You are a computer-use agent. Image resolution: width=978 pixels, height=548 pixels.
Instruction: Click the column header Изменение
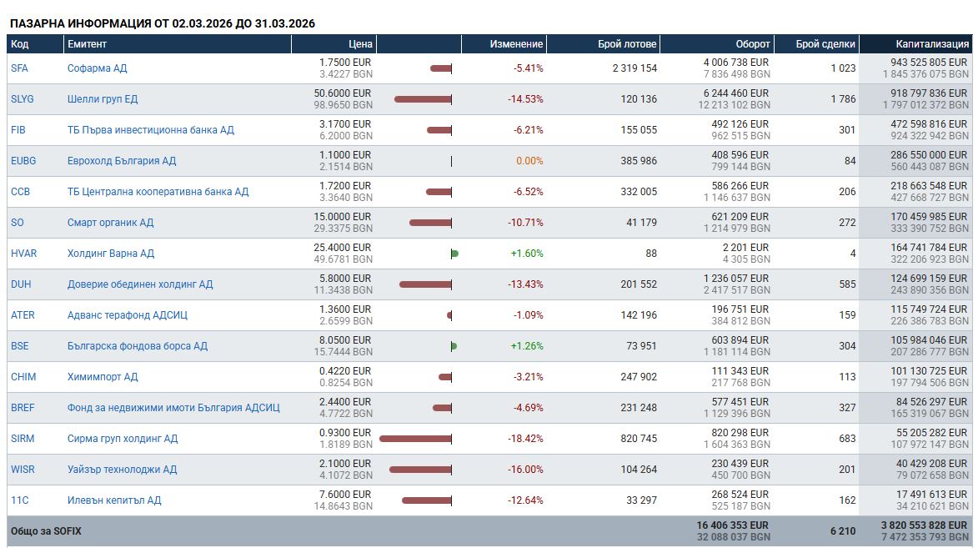pyautogui.click(x=516, y=43)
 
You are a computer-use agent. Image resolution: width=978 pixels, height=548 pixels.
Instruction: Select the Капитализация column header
pyautogui.click(x=932, y=43)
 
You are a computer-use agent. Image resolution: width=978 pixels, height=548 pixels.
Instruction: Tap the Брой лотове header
pyautogui.click(x=627, y=43)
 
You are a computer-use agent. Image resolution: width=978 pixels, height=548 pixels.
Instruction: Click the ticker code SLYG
pyautogui.click(x=23, y=98)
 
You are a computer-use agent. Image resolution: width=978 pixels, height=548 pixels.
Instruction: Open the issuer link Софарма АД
pyautogui.click(x=98, y=68)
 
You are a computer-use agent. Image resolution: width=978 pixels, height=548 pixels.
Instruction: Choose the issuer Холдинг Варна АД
pyautogui.click(x=110, y=254)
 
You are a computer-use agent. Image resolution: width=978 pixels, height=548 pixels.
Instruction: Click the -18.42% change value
pyautogui.click(x=525, y=438)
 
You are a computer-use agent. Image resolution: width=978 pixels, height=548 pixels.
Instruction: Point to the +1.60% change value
pyautogui.click(x=527, y=254)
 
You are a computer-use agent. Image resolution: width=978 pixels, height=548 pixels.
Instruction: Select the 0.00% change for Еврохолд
pyautogui.click(x=529, y=160)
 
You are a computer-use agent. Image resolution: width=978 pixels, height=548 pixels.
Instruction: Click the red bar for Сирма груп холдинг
pyautogui.click(x=415, y=439)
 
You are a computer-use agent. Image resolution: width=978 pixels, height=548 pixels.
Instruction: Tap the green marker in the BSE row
pyautogui.click(x=454, y=346)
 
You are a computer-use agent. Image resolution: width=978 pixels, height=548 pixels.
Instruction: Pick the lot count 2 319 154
pyautogui.click(x=634, y=68)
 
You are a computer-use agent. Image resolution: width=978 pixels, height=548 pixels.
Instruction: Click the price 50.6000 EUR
pyautogui.click(x=343, y=93)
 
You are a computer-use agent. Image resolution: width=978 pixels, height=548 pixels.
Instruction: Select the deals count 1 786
pyautogui.click(x=843, y=98)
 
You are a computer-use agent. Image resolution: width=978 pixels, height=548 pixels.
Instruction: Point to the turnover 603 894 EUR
pyautogui.click(x=740, y=340)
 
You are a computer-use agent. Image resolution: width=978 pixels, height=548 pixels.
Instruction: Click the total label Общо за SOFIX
pyautogui.click(x=46, y=531)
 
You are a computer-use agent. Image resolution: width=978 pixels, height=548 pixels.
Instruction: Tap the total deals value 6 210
pyautogui.click(x=843, y=531)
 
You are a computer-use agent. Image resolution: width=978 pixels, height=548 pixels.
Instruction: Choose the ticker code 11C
pyautogui.click(x=20, y=500)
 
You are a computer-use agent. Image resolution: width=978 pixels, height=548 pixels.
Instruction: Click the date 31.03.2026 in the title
pyautogui.click(x=285, y=23)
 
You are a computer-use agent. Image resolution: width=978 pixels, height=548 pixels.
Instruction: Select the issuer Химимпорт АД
pyautogui.click(x=103, y=377)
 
